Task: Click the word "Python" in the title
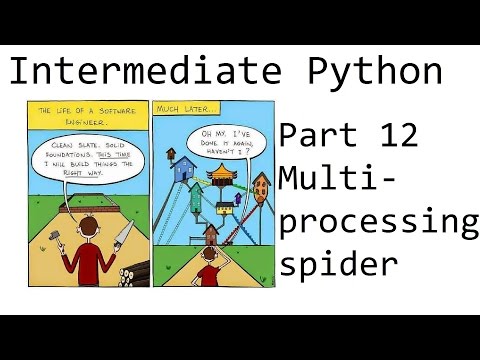376,71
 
